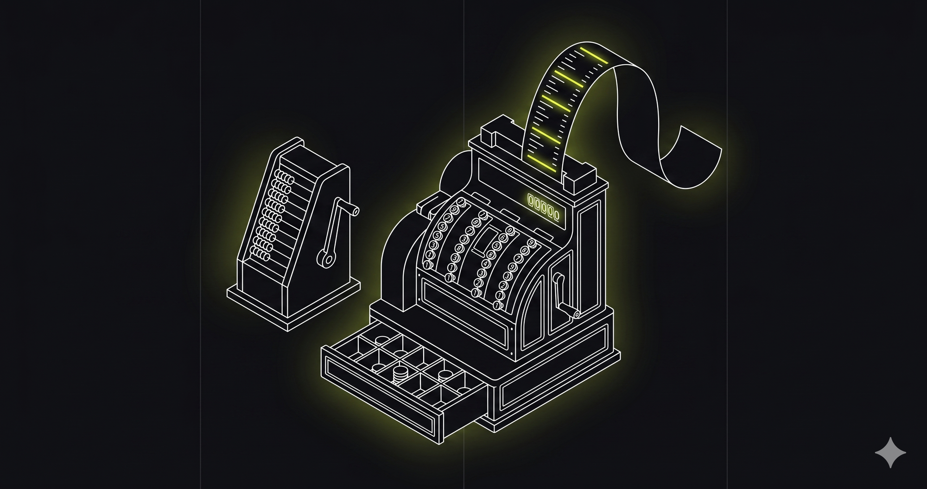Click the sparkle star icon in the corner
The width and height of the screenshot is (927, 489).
(x=890, y=452)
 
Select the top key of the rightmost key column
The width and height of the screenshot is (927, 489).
(x=532, y=242)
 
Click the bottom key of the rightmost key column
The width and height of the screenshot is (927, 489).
(x=498, y=305)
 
